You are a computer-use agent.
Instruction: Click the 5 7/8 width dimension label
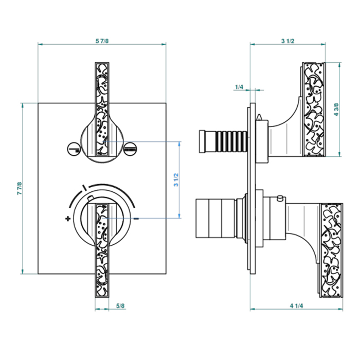(x=102, y=41)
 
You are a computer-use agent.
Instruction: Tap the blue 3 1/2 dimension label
(x=176, y=180)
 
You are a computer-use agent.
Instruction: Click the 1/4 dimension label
(x=239, y=87)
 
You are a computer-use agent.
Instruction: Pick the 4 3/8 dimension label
(x=337, y=110)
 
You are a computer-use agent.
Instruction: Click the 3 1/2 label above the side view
(x=288, y=41)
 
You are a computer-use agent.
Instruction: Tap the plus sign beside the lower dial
(x=67, y=219)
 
